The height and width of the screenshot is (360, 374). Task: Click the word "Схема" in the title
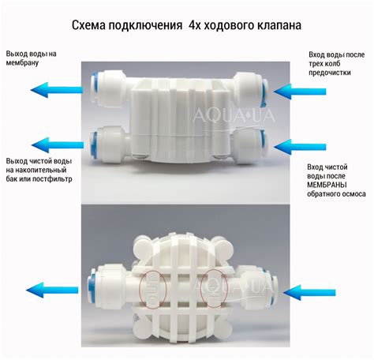[x=88, y=25]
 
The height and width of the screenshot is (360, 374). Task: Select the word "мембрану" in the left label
[x=22, y=63]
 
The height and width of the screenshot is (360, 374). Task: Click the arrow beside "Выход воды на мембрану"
[x=57, y=90]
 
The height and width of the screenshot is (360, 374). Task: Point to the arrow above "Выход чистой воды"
[x=58, y=144]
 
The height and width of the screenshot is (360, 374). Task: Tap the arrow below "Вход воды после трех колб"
[x=300, y=92]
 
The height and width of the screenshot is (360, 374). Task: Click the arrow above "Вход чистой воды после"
[x=300, y=147]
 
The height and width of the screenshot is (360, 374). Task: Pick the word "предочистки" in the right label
[x=330, y=73]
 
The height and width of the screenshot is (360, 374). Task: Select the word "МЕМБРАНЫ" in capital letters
[x=327, y=185]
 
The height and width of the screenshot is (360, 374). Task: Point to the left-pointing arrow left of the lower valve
[x=52, y=290]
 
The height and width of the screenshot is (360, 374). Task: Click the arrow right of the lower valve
[x=309, y=293]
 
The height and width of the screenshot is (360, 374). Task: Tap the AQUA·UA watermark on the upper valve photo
[x=234, y=116]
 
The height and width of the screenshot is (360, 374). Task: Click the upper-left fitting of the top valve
[x=108, y=88]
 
